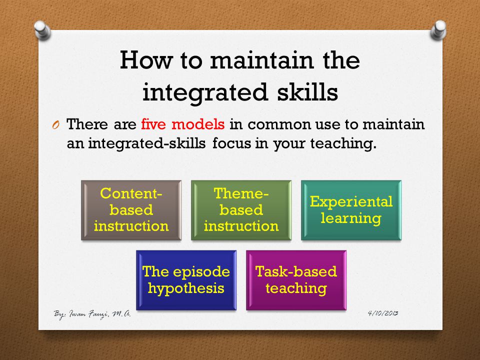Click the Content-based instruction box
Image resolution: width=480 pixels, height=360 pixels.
coord(131,210)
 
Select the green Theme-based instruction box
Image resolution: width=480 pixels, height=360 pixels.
coord(241,210)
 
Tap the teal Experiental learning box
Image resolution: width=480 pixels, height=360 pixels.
coord(351,210)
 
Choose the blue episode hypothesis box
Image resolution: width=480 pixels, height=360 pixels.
coord(186,280)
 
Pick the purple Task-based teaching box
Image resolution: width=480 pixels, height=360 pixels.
coord(296,280)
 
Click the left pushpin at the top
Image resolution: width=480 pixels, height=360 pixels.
coord(42,30)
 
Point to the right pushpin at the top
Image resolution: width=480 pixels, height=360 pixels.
coord(438,30)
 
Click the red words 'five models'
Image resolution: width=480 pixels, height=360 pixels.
coord(183,124)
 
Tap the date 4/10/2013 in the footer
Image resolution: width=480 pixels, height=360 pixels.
coord(383,313)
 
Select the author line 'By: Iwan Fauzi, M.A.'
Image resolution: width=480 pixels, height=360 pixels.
coord(92,314)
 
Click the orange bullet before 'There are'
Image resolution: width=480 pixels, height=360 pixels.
coord(55,125)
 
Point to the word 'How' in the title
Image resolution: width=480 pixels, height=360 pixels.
coord(146,60)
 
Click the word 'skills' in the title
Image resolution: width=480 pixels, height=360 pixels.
coord(307,92)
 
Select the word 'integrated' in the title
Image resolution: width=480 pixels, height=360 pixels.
coord(205,93)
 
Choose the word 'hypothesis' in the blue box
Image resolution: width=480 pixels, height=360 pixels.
coord(186,288)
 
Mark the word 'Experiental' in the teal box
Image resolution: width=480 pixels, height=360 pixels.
coord(351,201)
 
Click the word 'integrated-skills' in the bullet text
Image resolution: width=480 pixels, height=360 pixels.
coord(147,143)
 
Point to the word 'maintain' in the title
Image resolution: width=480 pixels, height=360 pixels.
coord(262,60)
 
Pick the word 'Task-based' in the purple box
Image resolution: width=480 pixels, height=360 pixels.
coord(296,271)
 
